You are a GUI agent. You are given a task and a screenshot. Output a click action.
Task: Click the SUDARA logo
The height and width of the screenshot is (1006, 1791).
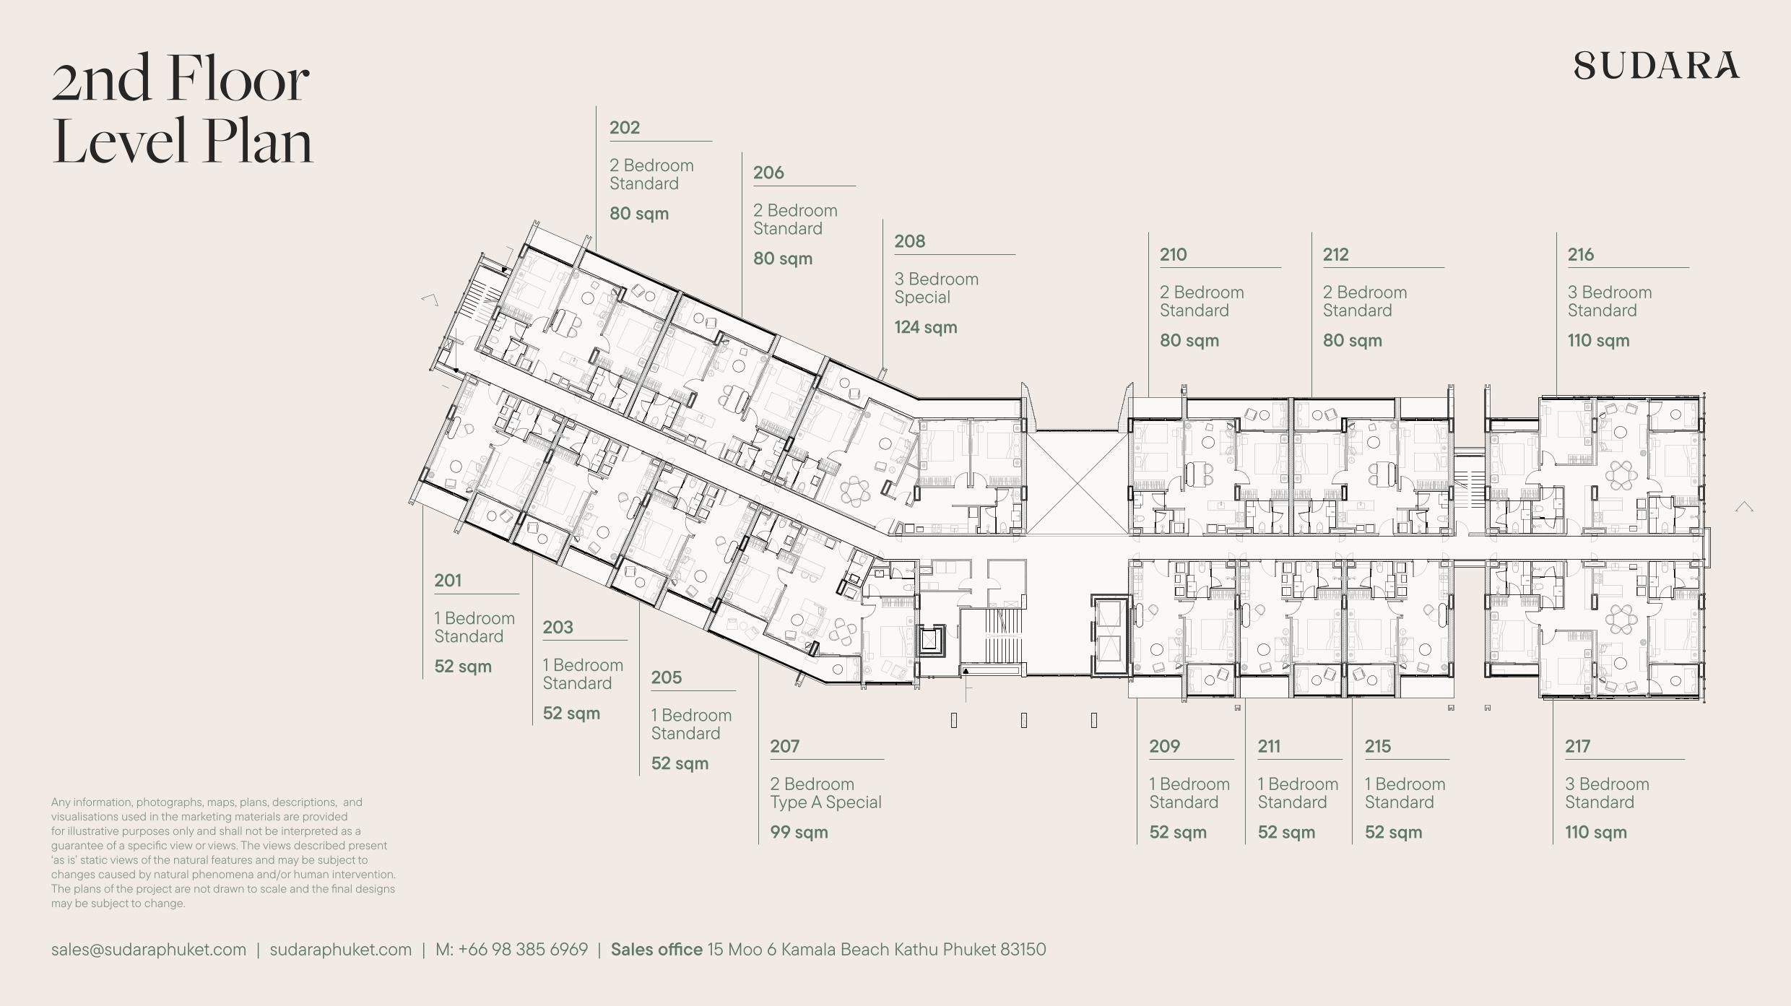coord(1657,65)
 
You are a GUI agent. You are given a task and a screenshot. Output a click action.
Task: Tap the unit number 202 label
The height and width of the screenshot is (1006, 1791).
coord(625,128)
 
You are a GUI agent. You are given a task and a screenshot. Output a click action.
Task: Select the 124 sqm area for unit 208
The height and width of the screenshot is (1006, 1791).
coord(926,327)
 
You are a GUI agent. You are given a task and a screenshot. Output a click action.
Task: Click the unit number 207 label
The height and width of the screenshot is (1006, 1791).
coord(784,746)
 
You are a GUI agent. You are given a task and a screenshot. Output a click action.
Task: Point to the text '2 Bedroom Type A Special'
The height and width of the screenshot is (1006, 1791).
coord(825,793)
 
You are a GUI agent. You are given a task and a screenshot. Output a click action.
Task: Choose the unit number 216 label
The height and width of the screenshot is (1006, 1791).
coord(1580,254)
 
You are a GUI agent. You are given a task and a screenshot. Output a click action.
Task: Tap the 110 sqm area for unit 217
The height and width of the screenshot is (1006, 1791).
coord(1596,832)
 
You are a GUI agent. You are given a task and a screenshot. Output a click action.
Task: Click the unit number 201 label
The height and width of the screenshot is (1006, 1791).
coord(448,581)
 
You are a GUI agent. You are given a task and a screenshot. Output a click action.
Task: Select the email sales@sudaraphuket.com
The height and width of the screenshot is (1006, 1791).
coord(149,950)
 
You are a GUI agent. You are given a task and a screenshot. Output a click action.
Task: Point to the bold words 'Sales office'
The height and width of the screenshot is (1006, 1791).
coord(656,949)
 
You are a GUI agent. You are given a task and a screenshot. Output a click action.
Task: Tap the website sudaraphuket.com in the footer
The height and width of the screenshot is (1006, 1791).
coord(341,950)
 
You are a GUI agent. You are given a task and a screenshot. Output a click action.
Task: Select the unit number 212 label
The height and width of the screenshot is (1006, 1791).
coord(1336,254)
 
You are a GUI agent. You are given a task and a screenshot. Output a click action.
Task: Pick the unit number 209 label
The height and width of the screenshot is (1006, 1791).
coord(1164,746)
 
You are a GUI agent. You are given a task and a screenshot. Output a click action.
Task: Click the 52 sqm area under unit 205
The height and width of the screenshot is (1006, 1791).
coord(680,763)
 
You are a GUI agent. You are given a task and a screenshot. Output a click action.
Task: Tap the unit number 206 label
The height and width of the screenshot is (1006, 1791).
coord(768,173)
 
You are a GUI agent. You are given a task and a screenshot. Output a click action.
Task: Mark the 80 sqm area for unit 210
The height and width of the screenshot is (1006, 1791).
coord(1189,340)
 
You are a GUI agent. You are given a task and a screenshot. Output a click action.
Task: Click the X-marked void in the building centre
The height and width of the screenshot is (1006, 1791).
coord(1077,482)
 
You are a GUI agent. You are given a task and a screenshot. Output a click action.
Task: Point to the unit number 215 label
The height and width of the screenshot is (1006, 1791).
coord(1378,746)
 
